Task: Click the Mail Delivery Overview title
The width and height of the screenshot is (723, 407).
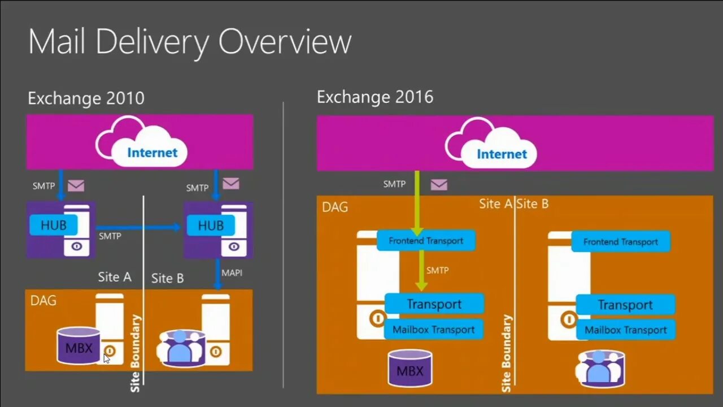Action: coord(190,42)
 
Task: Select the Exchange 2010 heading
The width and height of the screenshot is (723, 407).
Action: coord(86,98)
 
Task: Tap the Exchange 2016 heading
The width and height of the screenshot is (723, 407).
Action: coord(374,97)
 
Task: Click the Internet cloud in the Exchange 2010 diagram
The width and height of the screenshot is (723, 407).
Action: coord(141,145)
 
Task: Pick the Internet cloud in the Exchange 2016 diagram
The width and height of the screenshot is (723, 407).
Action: coord(491,146)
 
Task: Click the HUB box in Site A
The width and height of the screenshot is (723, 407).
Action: coord(54,226)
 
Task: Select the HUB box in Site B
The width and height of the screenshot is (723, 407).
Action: coord(211,226)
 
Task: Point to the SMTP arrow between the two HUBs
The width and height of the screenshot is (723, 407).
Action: coord(138,227)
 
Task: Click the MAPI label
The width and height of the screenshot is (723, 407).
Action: coord(232,272)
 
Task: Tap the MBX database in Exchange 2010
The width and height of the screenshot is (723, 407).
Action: coord(79,346)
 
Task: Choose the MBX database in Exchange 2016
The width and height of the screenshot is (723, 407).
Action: coord(410,370)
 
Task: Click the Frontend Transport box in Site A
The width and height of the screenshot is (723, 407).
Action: coord(426,241)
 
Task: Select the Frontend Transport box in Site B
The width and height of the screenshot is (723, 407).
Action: coord(620,242)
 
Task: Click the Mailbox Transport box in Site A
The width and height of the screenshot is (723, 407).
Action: coord(433,330)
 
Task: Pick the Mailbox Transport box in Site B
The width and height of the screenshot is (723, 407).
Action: coord(625,330)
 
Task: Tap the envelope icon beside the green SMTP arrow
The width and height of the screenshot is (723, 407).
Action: coord(439,185)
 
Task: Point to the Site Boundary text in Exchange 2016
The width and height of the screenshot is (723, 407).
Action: coord(506,353)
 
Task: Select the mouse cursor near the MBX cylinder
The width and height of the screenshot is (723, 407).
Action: coord(106,358)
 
